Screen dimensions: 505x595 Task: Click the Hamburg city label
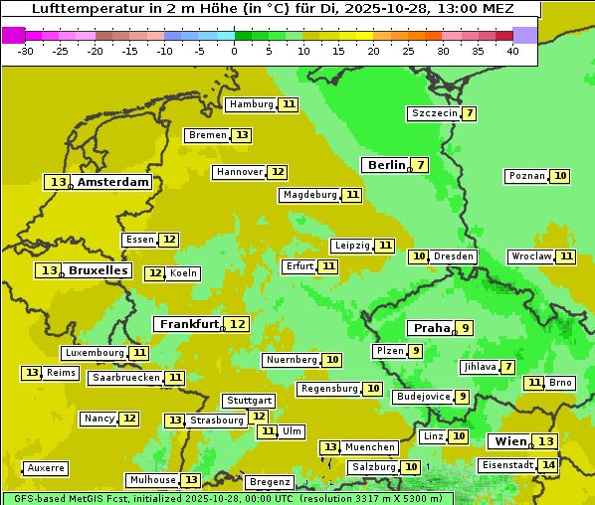click(251, 104)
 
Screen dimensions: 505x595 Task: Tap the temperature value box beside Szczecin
click(469, 113)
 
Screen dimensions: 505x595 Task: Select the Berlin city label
click(386, 165)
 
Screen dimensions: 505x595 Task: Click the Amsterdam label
click(113, 182)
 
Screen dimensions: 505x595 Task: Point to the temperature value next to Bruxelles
click(48, 270)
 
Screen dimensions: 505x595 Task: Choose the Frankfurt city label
click(189, 324)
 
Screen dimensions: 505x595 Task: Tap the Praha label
click(432, 328)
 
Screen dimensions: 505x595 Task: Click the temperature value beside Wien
click(545, 441)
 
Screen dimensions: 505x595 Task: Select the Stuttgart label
click(249, 401)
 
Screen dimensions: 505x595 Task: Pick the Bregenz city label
click(270, 482)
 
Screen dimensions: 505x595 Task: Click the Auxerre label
click(46, 468)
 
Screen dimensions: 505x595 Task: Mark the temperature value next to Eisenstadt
click(548, 465)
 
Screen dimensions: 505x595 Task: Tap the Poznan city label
click(526, 176)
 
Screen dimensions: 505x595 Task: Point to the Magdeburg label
click(309, 195)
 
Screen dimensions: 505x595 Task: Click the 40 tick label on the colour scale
click(512, 51)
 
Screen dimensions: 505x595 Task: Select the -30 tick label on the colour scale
click(26, 51)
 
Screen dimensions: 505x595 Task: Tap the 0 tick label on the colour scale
click(234, 51)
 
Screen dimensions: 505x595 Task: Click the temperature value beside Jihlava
click(508, 367)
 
